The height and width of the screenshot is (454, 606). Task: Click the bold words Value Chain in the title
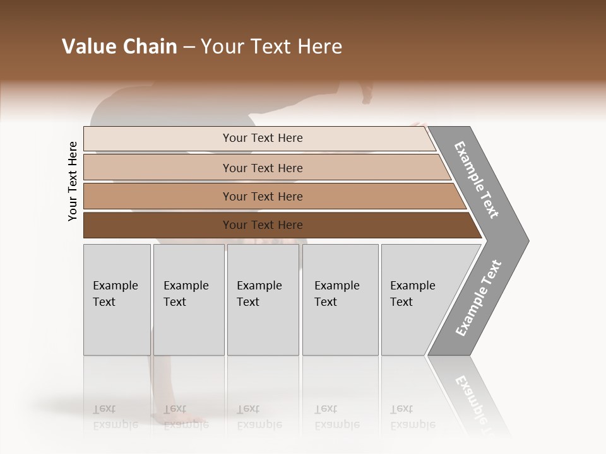click(x=119, y=47)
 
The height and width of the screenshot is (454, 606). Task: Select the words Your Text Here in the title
click(x=271, y=47)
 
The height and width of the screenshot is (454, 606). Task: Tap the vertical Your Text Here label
click(x=73, y=182)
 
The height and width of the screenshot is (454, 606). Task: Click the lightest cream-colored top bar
click(x=158, y=139)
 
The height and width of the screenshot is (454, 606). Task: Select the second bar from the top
click(x=158, y=168)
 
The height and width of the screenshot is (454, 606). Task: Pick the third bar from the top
click(x=158, y=196)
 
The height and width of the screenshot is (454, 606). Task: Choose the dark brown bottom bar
click(x=158, y=225)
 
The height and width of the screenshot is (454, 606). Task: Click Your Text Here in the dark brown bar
click(x=263, y=225)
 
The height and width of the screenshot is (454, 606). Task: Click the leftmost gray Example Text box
click(x=117, y=300)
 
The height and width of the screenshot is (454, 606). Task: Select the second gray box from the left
click(x=188, y=300)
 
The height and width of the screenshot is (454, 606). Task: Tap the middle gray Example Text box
click(x=263, y=300)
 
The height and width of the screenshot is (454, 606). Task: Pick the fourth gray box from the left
click(x=340, y=300)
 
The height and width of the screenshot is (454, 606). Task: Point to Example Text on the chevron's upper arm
click(x=477, y=180)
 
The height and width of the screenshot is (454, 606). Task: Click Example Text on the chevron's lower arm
click(x=478, y=298)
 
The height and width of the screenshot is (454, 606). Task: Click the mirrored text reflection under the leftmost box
click(x=115, y=416)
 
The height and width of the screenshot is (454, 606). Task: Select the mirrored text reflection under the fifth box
click(x=412, y=416)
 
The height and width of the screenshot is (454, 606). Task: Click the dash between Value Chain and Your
click(x=189, y=47)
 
